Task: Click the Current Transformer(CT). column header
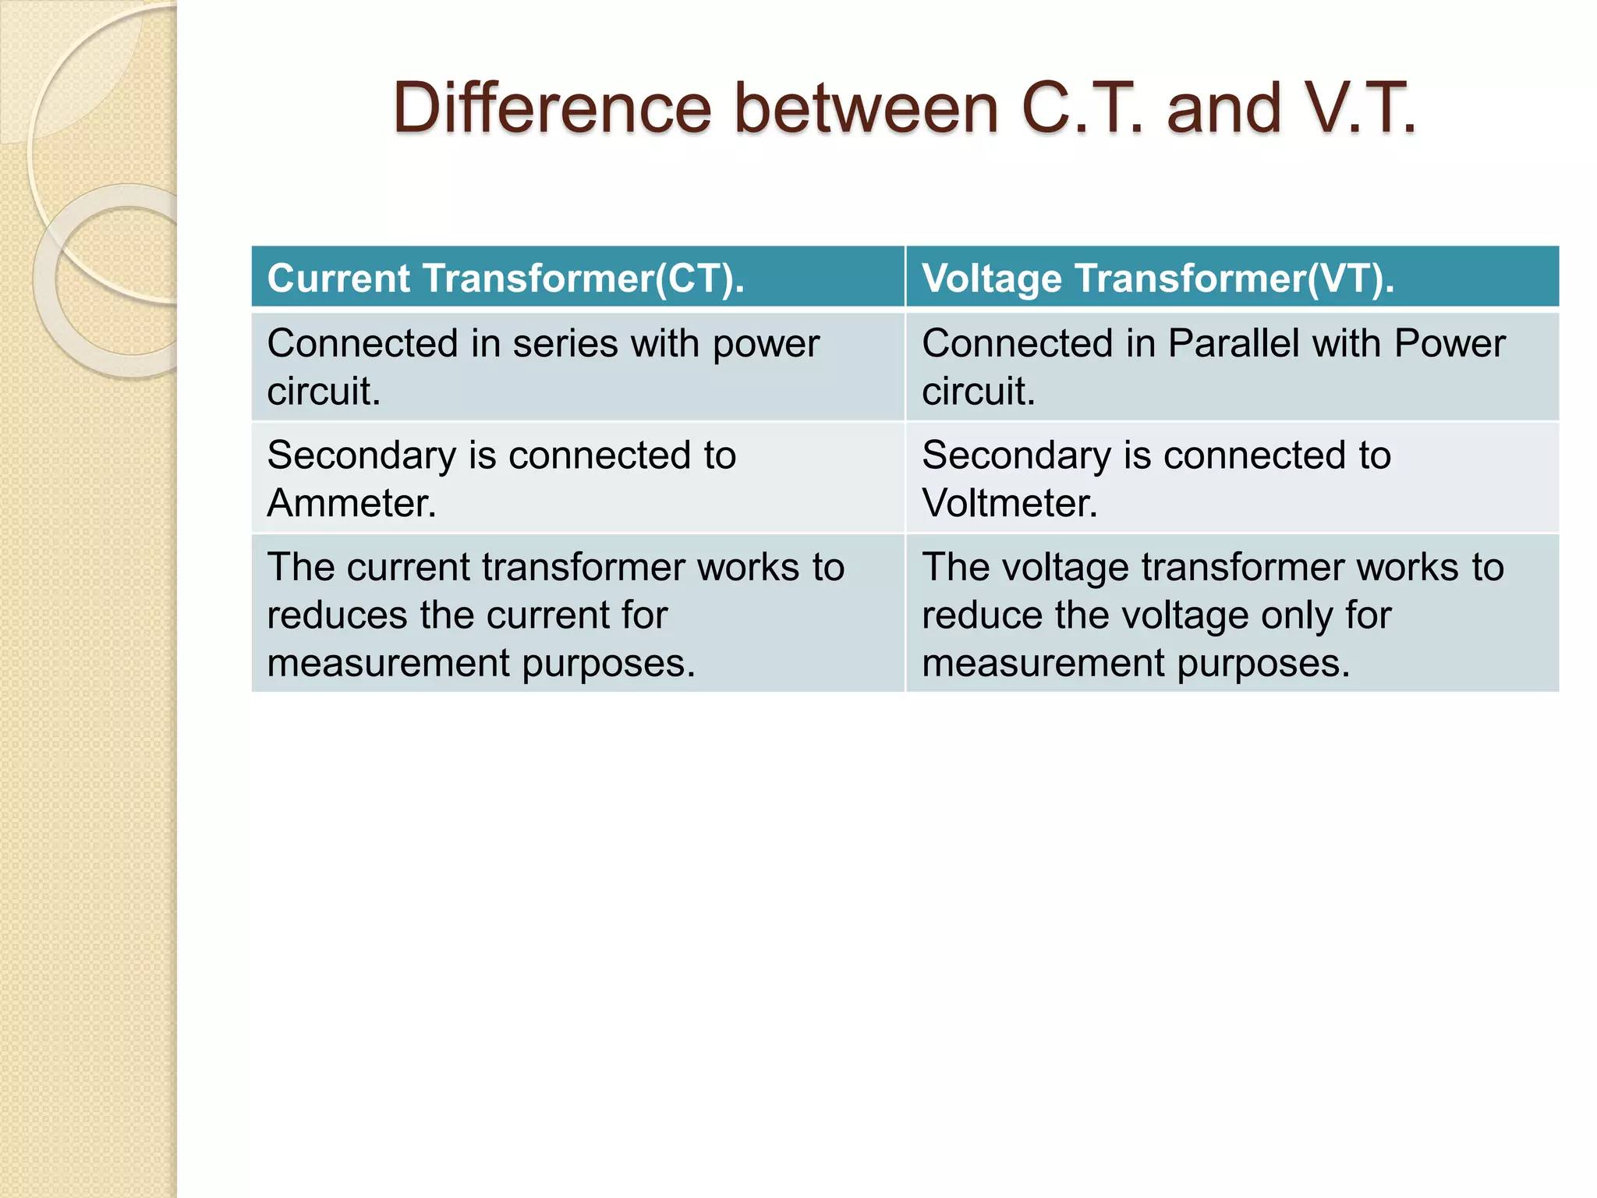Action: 505,278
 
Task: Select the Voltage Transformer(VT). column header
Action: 1158,278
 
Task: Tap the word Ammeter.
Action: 351,503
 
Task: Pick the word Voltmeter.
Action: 1009,503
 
